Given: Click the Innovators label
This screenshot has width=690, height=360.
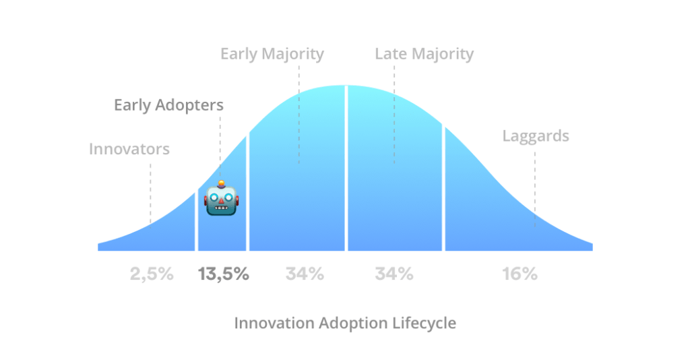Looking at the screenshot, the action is pyautogui.click(x=129, y=149).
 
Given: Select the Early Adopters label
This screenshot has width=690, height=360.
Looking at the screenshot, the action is pyautogui.click(x=168, y=105).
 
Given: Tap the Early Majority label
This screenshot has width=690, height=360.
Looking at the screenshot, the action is pyautogui.click(x=272, y=54).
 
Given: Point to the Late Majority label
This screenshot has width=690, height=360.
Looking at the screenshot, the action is pyautogui.click(x=425, y=54).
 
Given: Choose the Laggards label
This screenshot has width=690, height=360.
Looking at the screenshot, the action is pyautogui.click(x=536, y=136).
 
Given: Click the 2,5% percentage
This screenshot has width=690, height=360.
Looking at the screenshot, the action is pyautogui.click(x=152, y=274).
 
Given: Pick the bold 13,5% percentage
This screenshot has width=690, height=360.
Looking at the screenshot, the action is pyautogui.click(x=224, y=274).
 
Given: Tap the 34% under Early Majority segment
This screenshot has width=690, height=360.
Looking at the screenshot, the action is pyautogui.click(x=305, y=274).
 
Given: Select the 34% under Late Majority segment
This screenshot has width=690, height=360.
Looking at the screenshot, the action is pyautogui.click(x=394, y=274).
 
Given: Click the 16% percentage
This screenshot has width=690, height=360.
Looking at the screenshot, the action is pyautogui.click(x=520, y=274).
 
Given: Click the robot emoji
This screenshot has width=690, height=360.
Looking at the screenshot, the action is pyautogui.click(x=221, y=198).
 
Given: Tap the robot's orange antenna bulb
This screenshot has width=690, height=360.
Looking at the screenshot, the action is pyautogui.click(x=221, y=183).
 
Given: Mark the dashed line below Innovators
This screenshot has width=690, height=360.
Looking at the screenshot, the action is pyautogui.click(x=150, y=193).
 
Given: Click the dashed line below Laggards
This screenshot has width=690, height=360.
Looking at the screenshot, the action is pyautogui.click(x=535, y=189).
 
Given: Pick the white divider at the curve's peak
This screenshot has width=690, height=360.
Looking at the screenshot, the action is pyautogui.click(x=346, y=168).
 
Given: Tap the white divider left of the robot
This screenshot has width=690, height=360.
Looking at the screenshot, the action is pyautogui.click(x=196, y=220).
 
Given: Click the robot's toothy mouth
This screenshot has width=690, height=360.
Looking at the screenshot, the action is pyautogui.click(x=221, y=208).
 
